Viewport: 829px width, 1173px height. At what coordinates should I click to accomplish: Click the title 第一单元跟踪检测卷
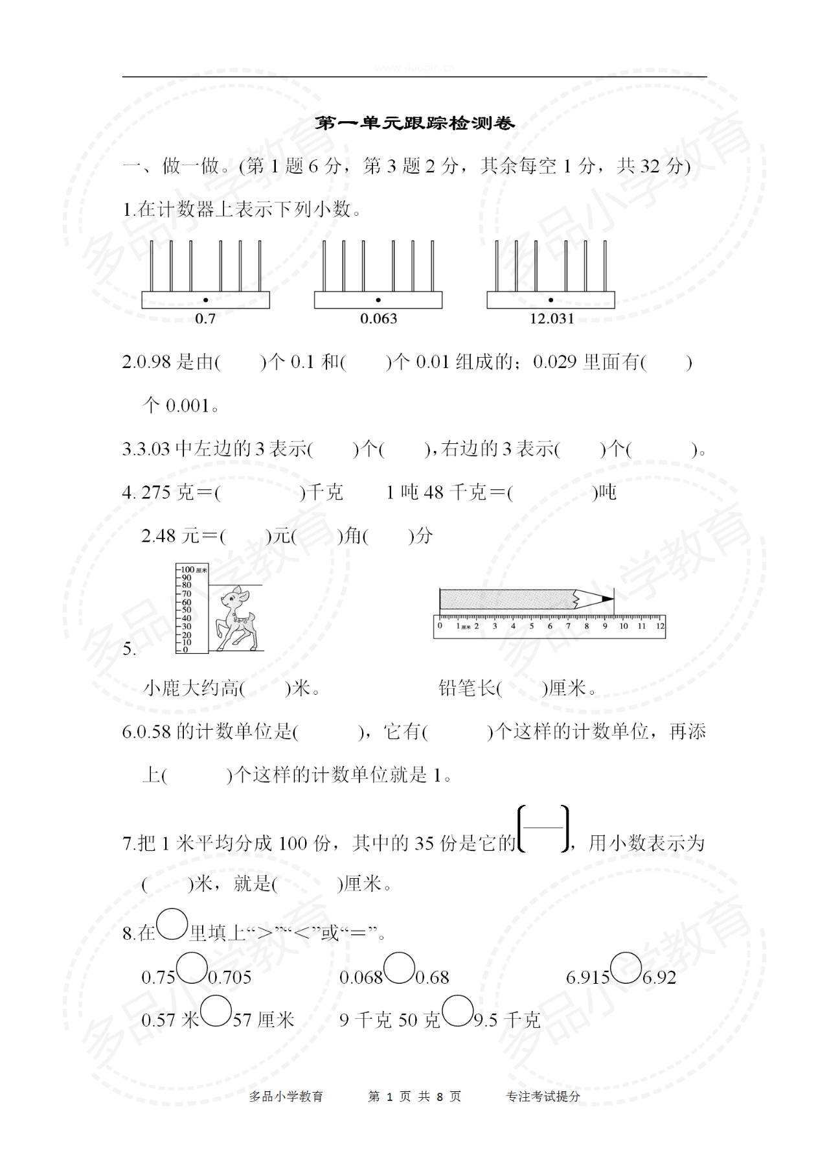pos(414,123)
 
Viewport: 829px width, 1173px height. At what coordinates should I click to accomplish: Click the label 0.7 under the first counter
pos(205,319)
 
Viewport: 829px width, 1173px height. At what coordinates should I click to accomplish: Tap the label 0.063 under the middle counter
pos(378,319)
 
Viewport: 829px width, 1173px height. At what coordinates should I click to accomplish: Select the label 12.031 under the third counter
pos(552,319)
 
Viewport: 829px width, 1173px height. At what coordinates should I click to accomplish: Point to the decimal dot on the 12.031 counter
pos(551,300)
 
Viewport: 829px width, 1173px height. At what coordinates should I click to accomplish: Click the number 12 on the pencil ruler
pos(660,626)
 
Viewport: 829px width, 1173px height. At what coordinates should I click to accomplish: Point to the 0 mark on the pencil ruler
pos(440,626)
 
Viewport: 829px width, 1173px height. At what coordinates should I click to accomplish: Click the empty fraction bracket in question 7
pos(544,828)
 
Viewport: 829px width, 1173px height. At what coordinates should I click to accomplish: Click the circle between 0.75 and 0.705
pos(192,968)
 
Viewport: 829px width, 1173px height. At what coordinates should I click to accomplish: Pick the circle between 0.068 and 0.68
pos(399,968)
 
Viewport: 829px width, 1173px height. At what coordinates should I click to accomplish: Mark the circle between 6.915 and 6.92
pos(626,968)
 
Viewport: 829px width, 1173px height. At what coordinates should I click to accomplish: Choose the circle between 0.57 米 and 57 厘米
pos(216,1011)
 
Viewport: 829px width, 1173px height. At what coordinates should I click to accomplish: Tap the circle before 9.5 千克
pos(457,1011)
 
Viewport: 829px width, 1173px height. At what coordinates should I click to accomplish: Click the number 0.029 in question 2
pos(554,362)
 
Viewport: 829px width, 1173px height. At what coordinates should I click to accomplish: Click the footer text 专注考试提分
pos(543,1097)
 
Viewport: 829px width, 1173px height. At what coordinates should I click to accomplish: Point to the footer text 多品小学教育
pos(286,1097)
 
